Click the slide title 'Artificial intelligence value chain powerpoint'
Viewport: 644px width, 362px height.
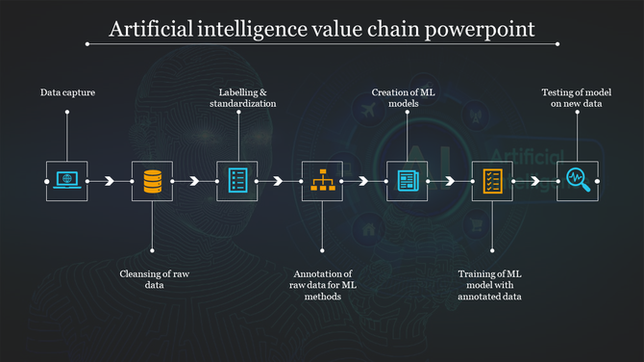click(321, 29)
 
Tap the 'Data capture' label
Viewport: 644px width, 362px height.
click(67, 92)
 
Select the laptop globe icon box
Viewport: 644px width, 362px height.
click(66, 180)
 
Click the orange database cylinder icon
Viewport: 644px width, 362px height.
click(152, 180)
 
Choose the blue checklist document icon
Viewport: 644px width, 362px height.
click(236, 180)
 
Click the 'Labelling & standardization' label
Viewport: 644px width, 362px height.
click(248, 97)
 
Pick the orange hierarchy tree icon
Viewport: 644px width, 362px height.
click(322, 180)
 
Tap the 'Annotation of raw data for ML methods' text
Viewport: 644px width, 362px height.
click(322, 284)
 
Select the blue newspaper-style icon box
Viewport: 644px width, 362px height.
click(407, 180)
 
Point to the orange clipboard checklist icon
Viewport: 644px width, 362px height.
click(492, 180)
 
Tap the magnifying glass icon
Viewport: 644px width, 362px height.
click(577, 180)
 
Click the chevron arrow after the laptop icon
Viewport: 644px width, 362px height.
click(110, 180)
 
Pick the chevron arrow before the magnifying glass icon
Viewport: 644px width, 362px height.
click(534, 180)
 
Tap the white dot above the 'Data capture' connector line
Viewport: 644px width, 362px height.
click(67, 112)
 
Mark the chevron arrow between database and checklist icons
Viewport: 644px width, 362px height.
click(194, 180)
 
